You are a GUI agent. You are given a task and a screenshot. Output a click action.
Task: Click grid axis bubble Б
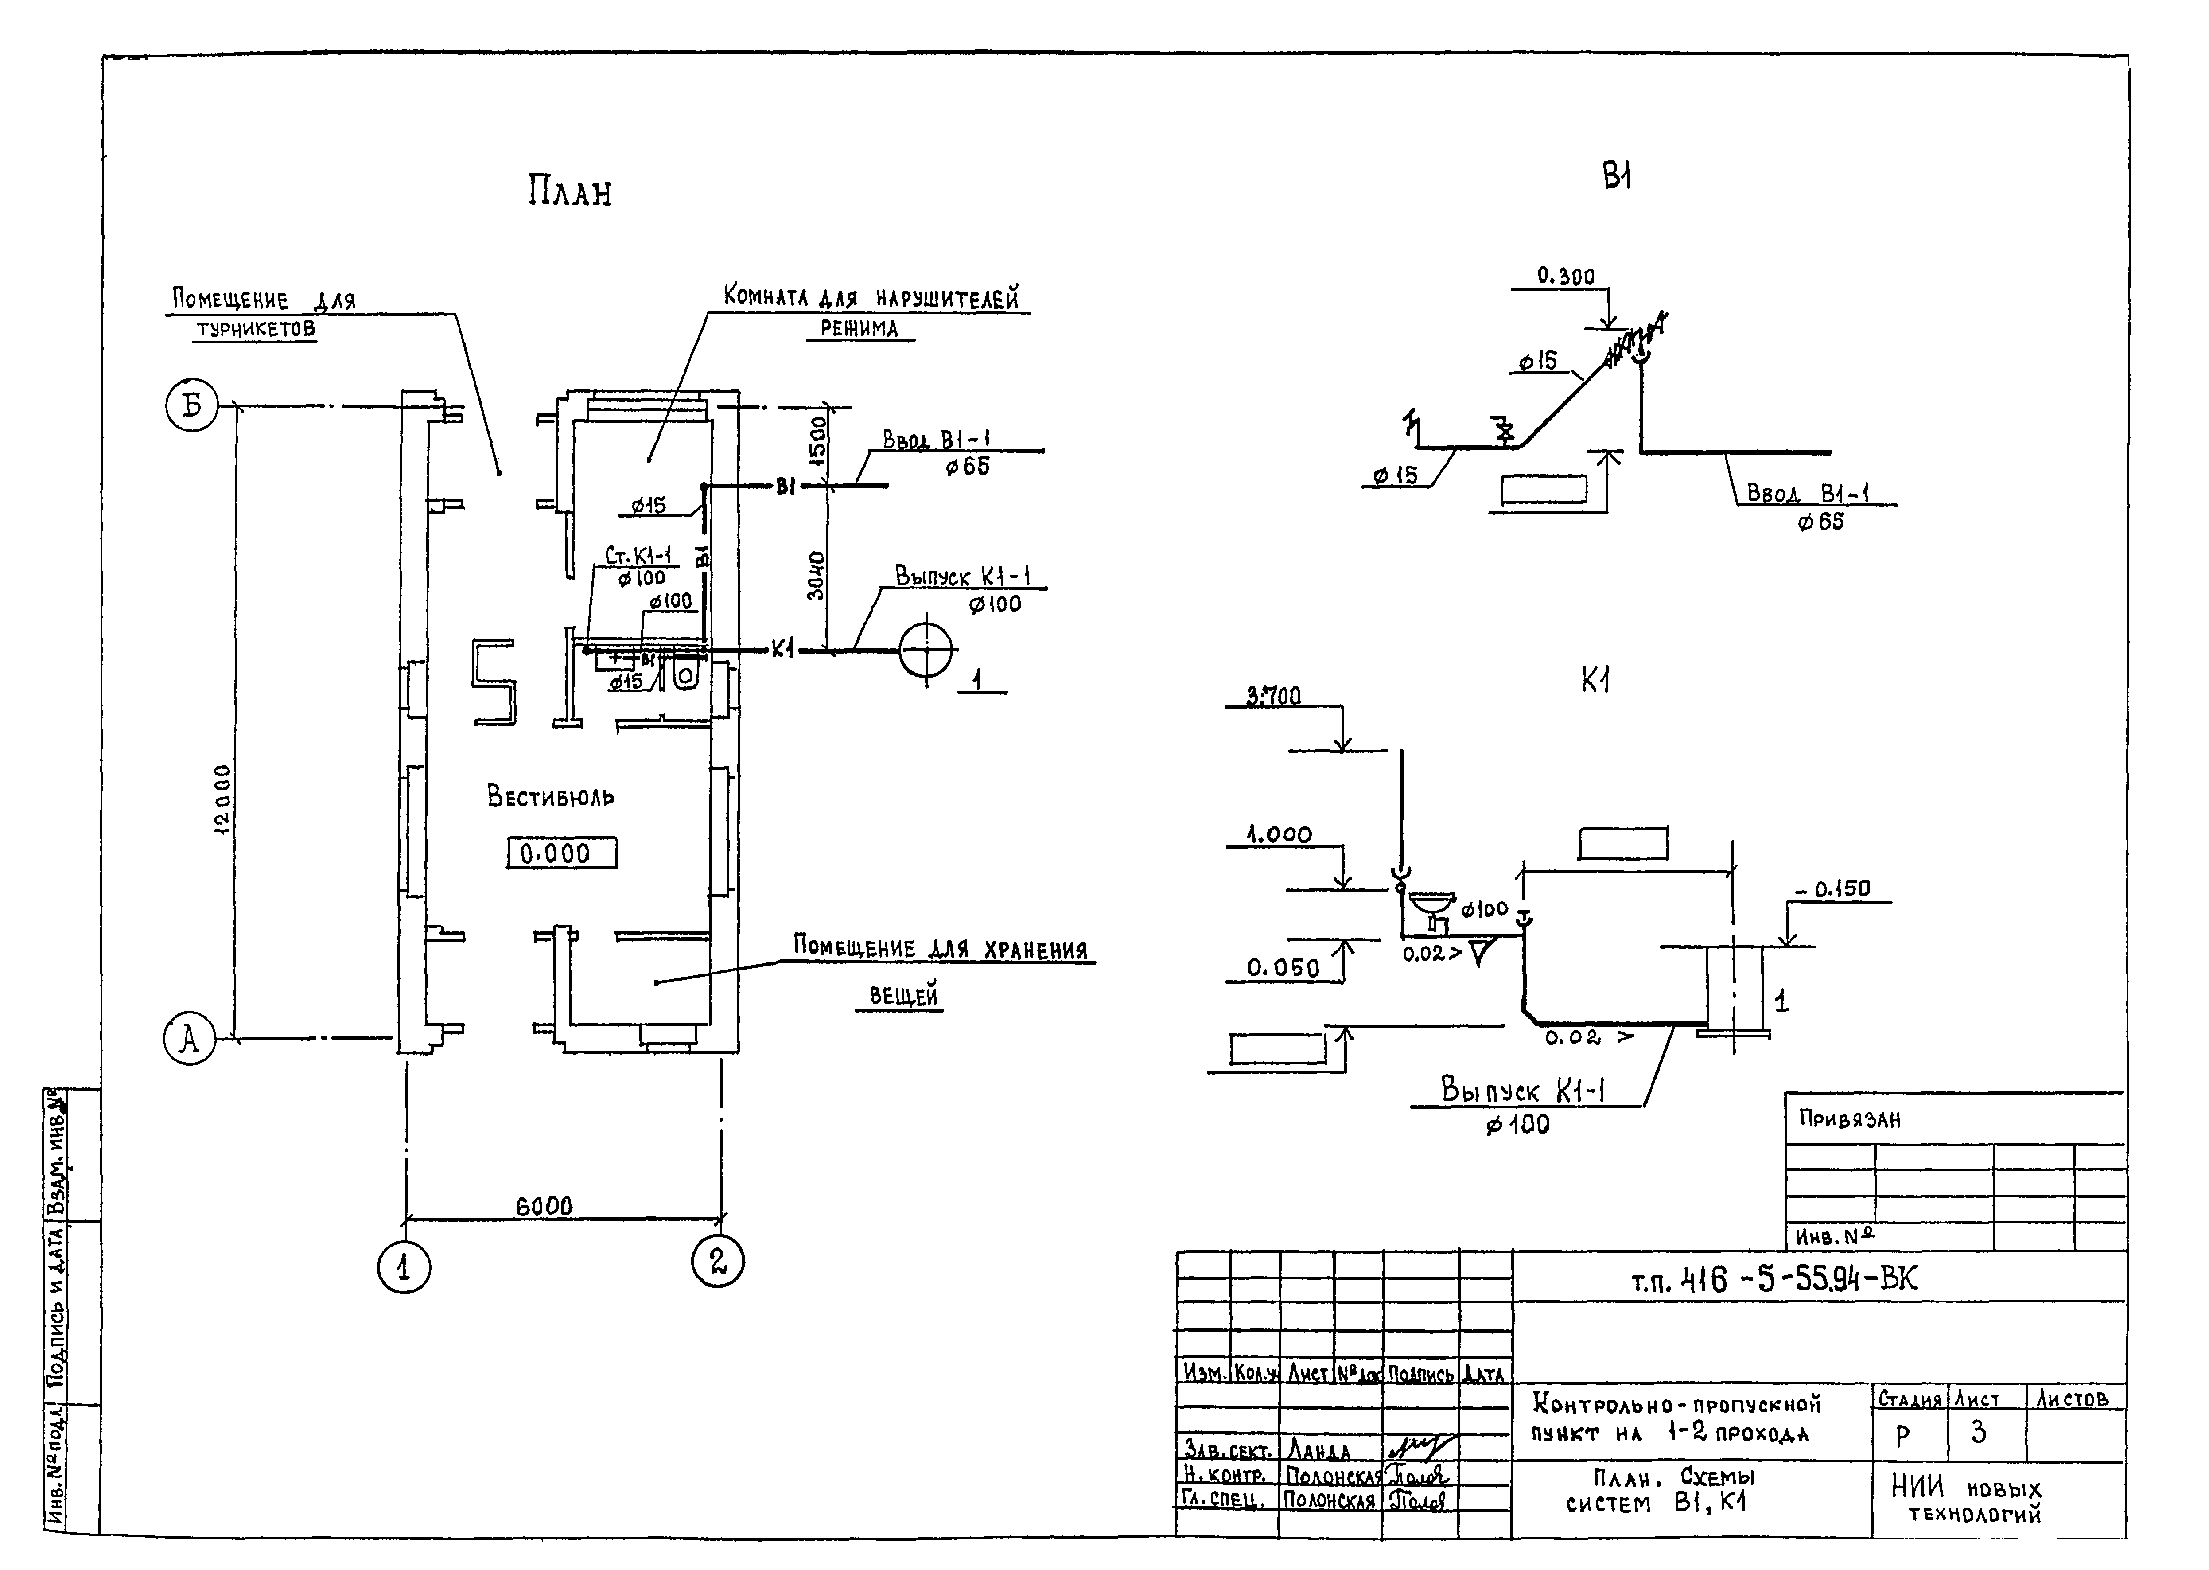(x=192, y=406)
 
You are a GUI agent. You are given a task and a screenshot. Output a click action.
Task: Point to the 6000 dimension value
(x=544, y=1206)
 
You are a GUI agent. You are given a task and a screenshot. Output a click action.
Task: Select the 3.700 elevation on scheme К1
(x=1274, y=696)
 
